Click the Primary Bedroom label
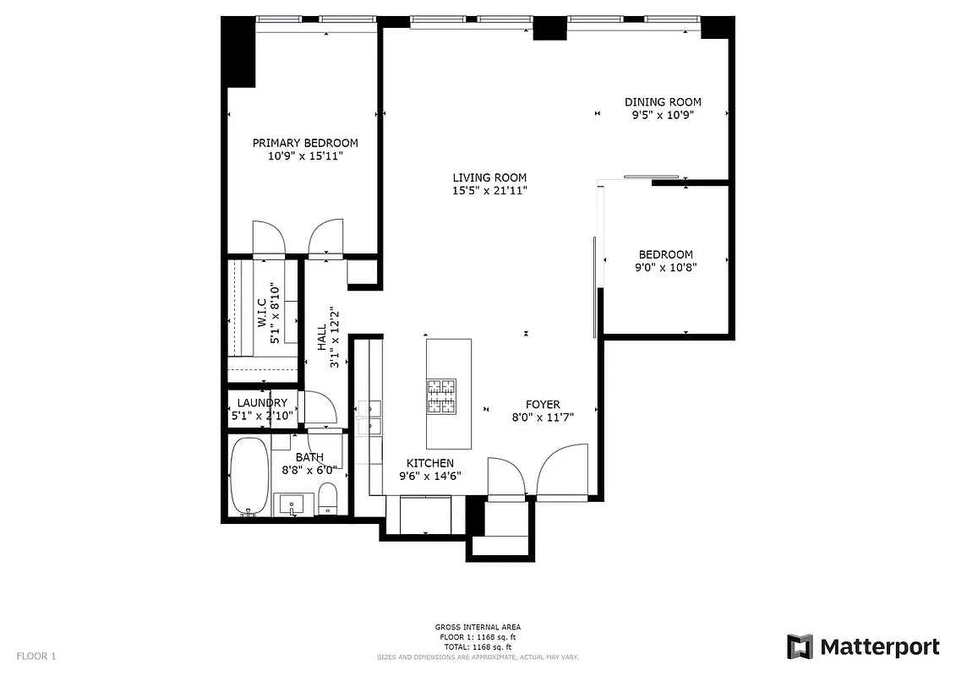[304, 143]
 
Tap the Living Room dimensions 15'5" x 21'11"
[489, 191]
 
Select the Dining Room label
[663, 102]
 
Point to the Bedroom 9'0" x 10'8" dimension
[666, 267]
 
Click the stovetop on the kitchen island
[440, 397]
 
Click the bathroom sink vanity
[292, 504]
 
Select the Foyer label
[543, 405]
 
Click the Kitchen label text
[430, 463]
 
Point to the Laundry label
[262, 403]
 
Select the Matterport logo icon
[800, 647]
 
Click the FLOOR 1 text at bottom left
[36, 656]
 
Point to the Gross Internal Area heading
[478, 627]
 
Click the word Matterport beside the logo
[879, 647]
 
